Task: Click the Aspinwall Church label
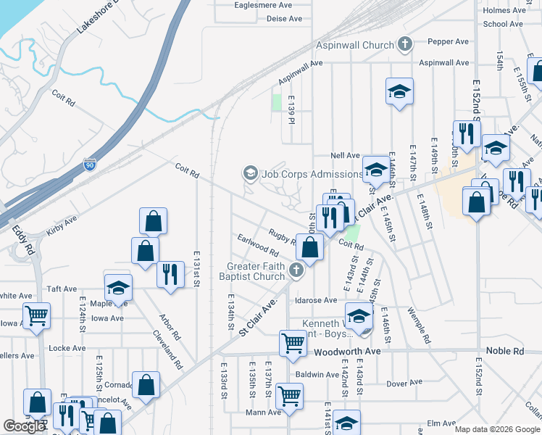point(354,45)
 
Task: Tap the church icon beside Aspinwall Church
point(404,45)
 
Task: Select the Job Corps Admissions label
point(312,174)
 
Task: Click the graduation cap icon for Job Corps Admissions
point(250,173)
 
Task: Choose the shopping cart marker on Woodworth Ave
point(293,342)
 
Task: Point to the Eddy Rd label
point(23,239)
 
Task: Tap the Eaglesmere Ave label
point(263,4)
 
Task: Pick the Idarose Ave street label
point(315,300)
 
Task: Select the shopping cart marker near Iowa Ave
point(36,315)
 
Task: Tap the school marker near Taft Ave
point(118,288)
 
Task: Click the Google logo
point(24,427)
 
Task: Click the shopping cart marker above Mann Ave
point(290,396)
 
